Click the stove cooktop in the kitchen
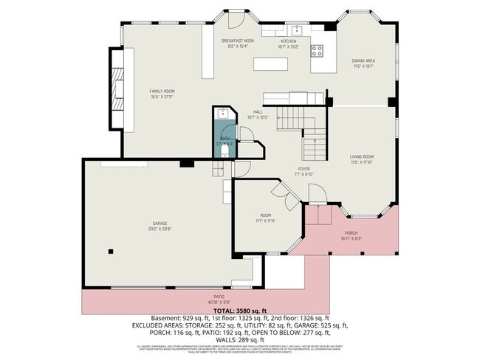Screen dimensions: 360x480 pyautogui.click(x=318, y=51)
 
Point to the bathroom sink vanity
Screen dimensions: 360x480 pyautogui.click(x=222, y=114)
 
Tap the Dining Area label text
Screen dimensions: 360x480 pyautogui.click(x=363, y=63)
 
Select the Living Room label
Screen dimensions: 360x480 pyautogui.click(x=361, y=158)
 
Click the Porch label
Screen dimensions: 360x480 pyautogui.click(x=351, y=233)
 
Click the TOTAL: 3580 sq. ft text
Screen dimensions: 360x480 pyautogui.click(x=239, y=311)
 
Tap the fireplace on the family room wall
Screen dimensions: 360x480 pyautogui.click(x=117, y=87)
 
